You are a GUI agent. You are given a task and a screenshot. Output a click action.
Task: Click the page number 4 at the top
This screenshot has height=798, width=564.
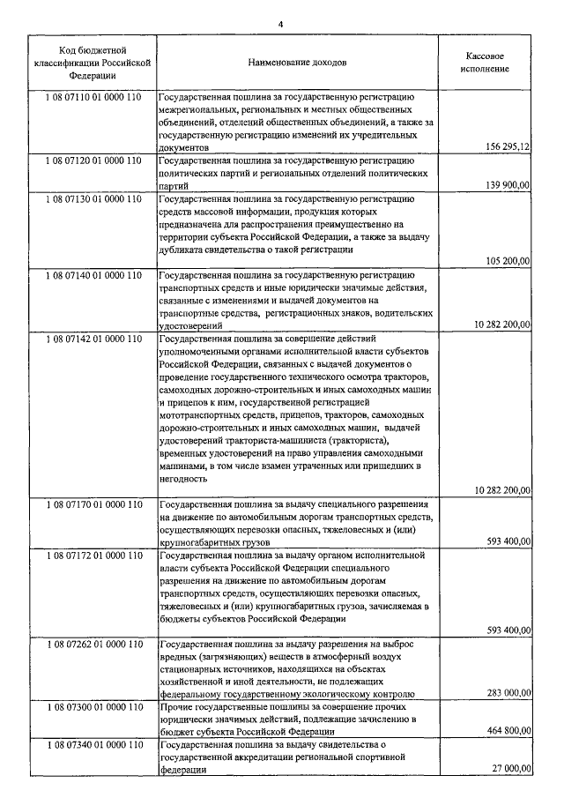(281, 24)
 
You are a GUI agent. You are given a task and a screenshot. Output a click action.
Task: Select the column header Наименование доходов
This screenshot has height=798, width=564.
(297, 63)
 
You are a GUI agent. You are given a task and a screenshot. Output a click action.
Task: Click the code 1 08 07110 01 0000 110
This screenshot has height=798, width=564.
(92, 95)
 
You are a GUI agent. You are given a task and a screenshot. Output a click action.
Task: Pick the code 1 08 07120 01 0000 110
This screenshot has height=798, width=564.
(92, 161)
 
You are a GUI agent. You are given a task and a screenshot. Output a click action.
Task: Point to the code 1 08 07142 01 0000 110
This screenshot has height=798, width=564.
(92, 338)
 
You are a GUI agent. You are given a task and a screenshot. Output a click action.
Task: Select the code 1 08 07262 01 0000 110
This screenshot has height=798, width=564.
(92, 645)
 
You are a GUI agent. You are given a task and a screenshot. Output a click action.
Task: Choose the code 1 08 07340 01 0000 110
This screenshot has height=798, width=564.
(92, 746)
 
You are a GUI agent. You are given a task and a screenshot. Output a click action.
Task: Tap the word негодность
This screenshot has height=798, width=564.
(183, 478)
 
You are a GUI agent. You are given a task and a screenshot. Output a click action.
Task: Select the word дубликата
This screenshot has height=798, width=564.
(184, 250)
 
